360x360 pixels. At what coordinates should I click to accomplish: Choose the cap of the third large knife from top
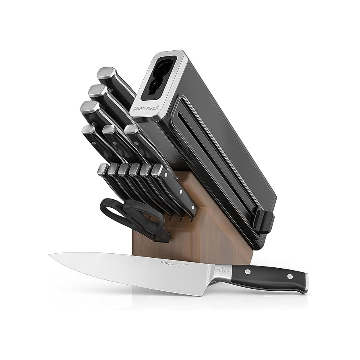tap(88, 108)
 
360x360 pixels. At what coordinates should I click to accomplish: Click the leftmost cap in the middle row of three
tap(88, 130)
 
